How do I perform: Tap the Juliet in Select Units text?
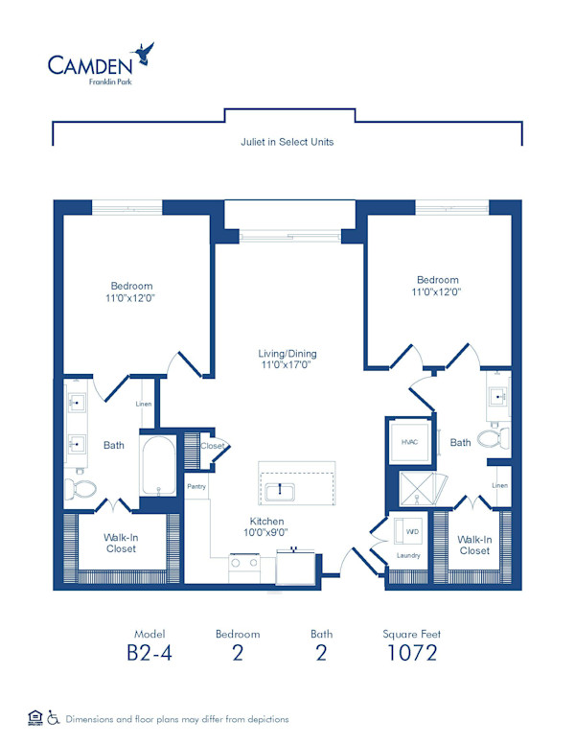287,141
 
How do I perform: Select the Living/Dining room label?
287,360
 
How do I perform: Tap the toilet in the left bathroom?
82,489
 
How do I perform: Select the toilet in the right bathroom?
491,440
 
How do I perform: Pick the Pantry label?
197,487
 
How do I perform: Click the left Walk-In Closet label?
121,543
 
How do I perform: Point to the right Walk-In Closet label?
474,545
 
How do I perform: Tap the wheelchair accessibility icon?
54,717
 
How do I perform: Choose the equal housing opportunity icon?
34,717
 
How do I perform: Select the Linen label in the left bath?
144,405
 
